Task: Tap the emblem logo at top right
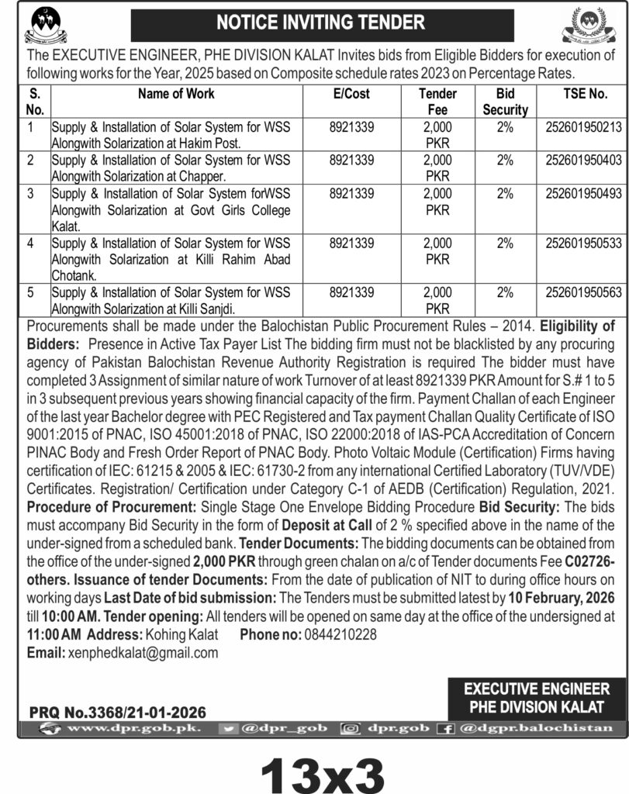[x=589, y=26]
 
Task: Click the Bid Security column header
[x=505, y=102]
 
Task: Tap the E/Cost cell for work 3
[x=351, y=194]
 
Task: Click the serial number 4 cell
[x=29, y=243]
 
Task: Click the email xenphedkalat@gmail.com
[x=140, y=653]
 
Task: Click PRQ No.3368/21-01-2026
[x=119, y=711]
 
